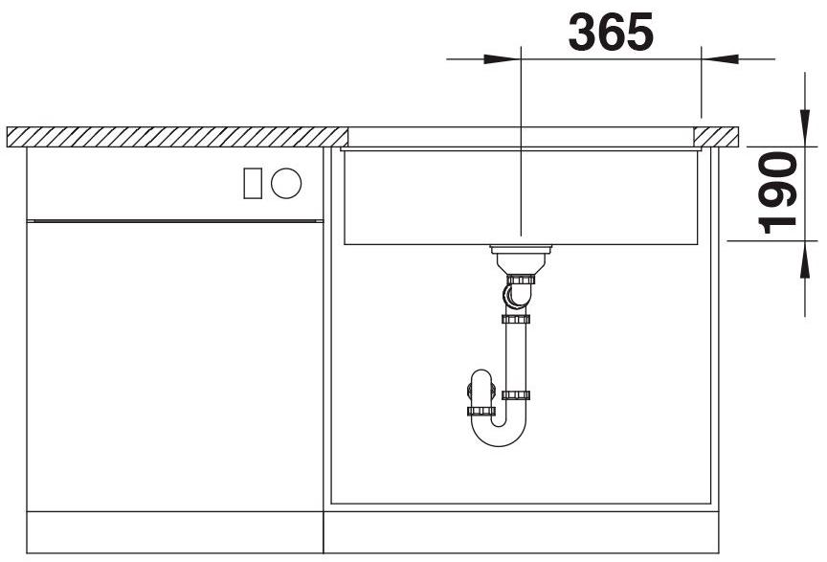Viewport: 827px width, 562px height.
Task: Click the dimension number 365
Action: tap(611, 33)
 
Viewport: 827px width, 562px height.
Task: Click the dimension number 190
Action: tap(777, 192)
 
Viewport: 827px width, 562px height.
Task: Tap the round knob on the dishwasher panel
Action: tap(286, 183)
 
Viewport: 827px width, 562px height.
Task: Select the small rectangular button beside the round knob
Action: tap(253, 183)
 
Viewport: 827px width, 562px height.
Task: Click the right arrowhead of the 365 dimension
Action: tap(720, 59)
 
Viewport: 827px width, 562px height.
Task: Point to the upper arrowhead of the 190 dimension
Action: tap(805, 127)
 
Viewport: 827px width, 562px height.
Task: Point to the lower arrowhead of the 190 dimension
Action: tap(805, 259)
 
